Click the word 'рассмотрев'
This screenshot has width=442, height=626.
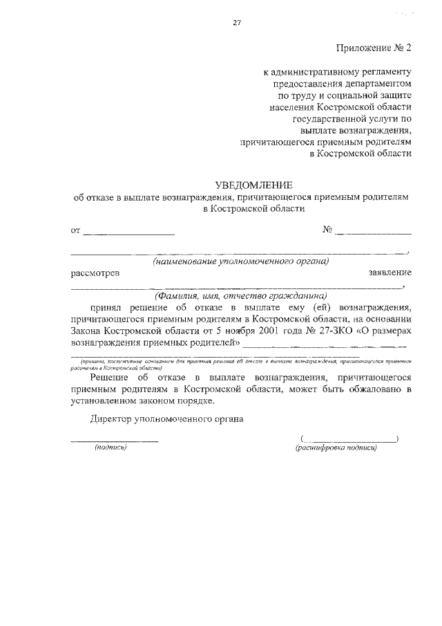(95, 273)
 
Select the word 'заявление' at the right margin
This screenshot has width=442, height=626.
(390, 273)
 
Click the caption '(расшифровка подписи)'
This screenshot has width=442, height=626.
(336, 448)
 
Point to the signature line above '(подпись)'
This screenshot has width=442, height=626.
(114, 440)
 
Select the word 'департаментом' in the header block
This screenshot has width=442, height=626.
(377, 83)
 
